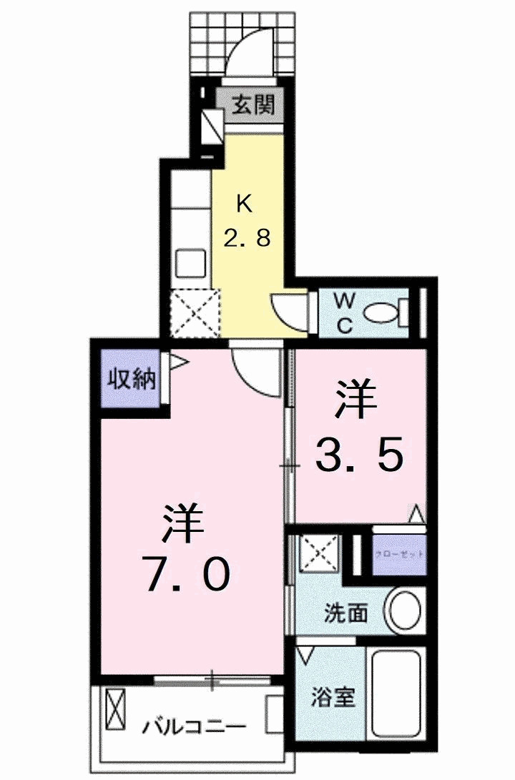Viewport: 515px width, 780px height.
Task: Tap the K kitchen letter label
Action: pos(245,204)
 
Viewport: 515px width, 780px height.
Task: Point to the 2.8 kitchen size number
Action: pos(247,237)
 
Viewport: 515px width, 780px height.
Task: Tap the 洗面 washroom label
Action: pos(346,613)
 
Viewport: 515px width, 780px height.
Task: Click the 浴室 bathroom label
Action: pos(334,696)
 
